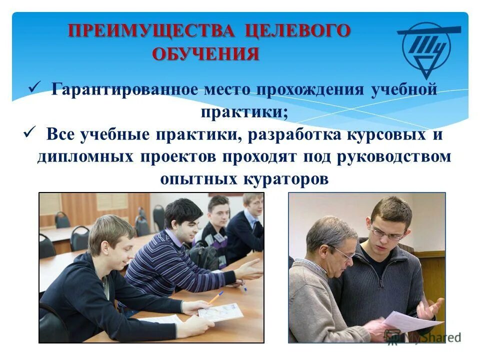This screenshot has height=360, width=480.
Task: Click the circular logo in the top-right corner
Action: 427,47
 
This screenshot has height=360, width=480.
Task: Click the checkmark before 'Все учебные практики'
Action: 29,132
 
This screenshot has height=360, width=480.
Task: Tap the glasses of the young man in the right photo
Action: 386,232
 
